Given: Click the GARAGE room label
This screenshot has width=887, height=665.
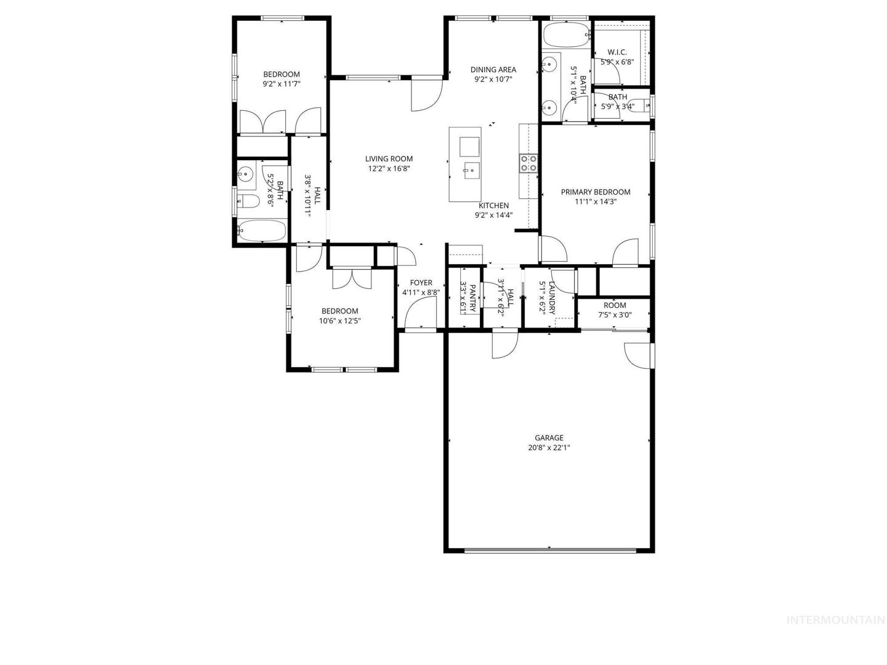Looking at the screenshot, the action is (549, 438).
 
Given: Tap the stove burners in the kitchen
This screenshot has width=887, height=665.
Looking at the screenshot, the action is (529, 163).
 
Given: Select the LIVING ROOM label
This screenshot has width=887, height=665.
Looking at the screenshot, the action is (389, 159).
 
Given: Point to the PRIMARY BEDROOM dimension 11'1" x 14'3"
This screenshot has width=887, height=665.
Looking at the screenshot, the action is (595, 201).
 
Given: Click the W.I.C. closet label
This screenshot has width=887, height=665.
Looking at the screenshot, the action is (617, 52).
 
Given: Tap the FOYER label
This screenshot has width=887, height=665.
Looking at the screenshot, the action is (421, 283).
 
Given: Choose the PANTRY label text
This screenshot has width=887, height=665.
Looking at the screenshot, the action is (473, 299).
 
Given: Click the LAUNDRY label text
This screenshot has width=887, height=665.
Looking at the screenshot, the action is (553, 298).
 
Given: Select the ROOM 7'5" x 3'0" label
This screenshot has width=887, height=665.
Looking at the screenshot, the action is (615, 310).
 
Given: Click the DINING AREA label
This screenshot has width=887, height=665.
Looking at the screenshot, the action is (493, 70).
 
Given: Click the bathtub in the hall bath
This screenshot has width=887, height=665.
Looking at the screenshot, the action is (262, 230).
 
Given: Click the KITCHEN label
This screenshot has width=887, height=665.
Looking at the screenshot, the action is (494, 206).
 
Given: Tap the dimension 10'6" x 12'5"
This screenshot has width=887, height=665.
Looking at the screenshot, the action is (340, 321).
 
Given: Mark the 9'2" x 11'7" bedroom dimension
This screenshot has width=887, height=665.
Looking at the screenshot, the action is (281, 84).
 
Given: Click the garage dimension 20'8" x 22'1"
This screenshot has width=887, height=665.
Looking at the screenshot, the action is (549, 448).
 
